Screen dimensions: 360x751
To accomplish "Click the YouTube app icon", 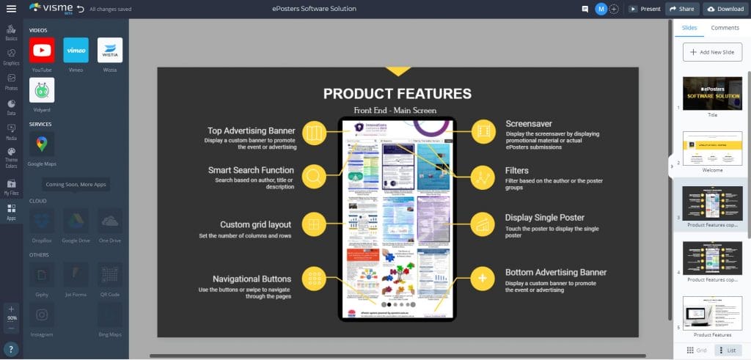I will [42, 51].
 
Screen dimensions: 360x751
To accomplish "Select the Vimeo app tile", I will [76, 51].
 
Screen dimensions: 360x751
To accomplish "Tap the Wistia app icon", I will [110, 51].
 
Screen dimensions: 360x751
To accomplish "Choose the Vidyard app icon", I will [42, 90].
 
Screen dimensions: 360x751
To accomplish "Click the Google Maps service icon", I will [42, 143].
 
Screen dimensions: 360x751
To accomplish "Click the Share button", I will [681, 9].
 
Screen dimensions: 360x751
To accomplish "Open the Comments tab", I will [725, 28].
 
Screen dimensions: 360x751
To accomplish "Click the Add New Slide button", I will [711, 52].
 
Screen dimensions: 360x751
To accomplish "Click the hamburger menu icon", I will [11, 9].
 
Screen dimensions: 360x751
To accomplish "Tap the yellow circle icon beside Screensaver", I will [482, 132].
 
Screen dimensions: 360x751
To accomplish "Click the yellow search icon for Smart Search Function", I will [313, 177].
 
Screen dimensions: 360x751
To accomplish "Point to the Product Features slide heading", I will [398, 94].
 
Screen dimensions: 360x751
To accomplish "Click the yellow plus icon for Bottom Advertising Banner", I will [482, 278].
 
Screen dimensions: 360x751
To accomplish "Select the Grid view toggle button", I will [696, 350].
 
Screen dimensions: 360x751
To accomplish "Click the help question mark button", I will [11, 348].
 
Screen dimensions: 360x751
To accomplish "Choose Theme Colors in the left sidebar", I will [11, 156].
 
